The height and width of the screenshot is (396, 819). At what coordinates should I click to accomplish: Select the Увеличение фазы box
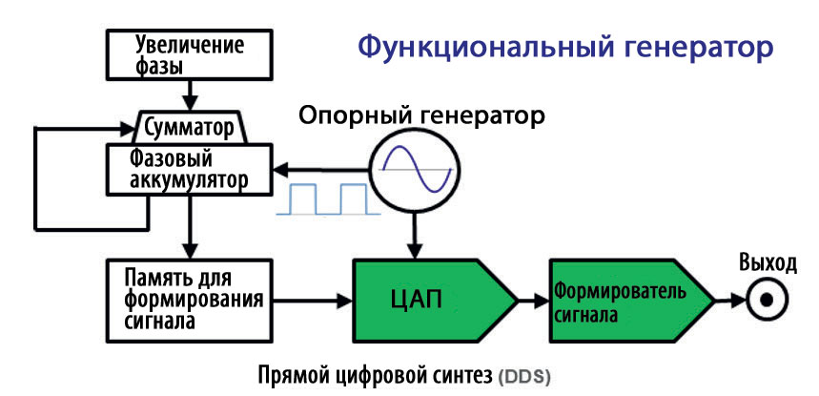click(x=190, y=54)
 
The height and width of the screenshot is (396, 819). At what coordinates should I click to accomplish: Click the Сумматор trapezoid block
click(x=189, y=127)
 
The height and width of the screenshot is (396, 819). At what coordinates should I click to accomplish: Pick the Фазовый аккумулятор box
click(x=190, y=169)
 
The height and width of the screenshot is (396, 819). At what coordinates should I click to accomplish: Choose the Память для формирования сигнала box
click(x=190, y=301)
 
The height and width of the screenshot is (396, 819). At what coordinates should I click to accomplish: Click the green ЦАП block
click(x=435, y=301)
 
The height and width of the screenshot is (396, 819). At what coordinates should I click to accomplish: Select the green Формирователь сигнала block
click(x=631, y=301)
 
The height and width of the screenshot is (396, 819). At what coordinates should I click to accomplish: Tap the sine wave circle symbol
click(x=417, y=169)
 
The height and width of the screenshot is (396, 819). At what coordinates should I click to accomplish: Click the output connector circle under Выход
click(x=766, y=301)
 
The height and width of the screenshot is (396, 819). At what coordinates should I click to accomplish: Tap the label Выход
click(x=768, y=263)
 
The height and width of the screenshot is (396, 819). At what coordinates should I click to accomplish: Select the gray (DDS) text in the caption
click(x=524, y=377)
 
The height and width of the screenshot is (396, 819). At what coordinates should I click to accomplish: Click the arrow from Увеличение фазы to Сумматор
click(x=190, y=95)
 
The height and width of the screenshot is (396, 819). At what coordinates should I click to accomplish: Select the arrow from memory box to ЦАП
click(x=314, y=301)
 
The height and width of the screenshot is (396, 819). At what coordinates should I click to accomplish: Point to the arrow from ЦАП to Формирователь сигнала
click(x=533, y=301)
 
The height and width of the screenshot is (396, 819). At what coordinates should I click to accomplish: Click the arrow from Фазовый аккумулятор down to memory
click(x=190, y=228)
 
